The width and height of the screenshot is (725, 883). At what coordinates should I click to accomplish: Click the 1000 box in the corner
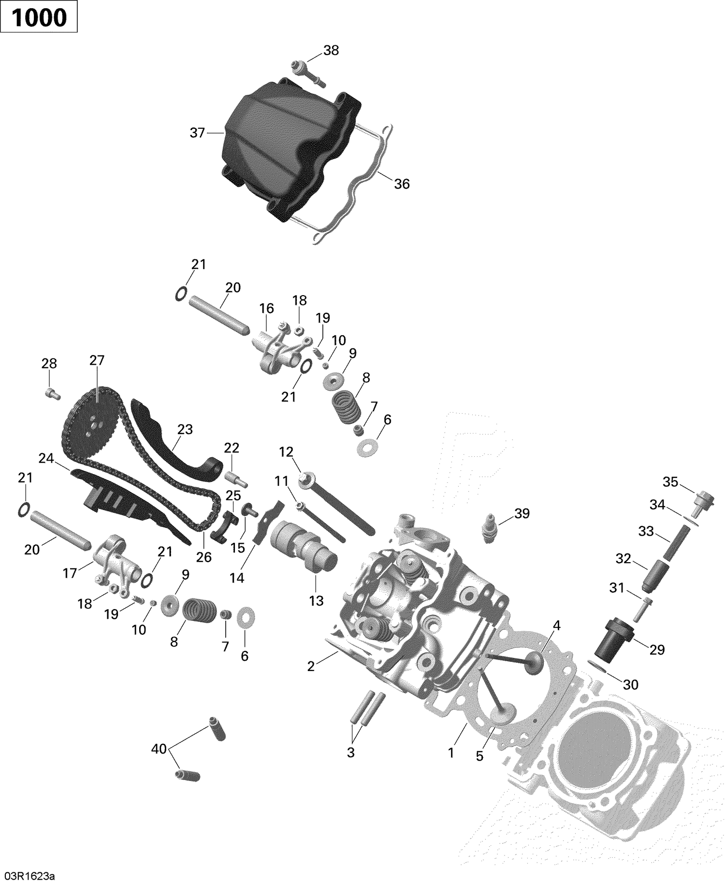[39, 17]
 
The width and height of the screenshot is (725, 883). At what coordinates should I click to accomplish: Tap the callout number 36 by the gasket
[402, 184]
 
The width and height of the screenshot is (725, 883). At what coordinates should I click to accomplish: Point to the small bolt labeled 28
[52, 394]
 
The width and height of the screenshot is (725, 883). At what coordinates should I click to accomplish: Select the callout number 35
[670, 482]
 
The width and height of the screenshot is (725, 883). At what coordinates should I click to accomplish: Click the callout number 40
[159, 749]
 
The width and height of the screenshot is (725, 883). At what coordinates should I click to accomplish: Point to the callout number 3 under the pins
[351, 752]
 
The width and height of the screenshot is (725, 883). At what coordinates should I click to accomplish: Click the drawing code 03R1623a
[30, 876]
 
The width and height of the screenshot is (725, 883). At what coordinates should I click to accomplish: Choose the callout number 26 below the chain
[204, 557]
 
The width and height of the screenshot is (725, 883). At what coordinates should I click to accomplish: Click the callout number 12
[286, 452]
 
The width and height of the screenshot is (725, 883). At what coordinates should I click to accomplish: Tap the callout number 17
[70, 573]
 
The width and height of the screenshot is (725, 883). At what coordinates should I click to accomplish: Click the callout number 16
[266, 308]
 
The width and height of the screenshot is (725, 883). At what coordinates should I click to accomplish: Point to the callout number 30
[631, 684]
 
